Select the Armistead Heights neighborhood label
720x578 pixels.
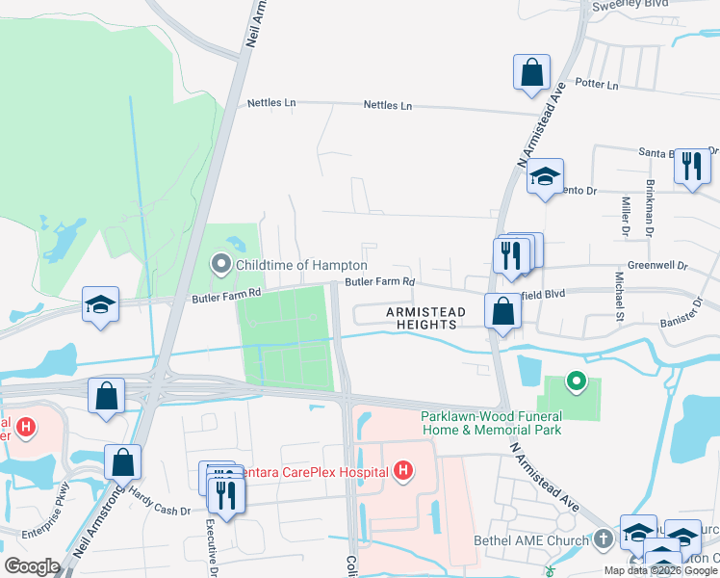[425, 319]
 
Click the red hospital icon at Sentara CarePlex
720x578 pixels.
[404, 471]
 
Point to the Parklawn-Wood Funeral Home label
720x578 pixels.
[491, 423]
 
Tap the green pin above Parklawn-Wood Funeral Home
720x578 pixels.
[576, 382]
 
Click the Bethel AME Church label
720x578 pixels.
[530, 540]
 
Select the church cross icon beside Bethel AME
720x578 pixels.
[603, 539]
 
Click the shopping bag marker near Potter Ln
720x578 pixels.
[531, 73]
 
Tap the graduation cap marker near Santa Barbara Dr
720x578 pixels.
[544, 176]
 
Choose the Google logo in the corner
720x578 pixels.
[32, 566]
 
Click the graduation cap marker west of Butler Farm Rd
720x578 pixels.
[100, 305]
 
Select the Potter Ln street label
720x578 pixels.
[597, 84]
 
